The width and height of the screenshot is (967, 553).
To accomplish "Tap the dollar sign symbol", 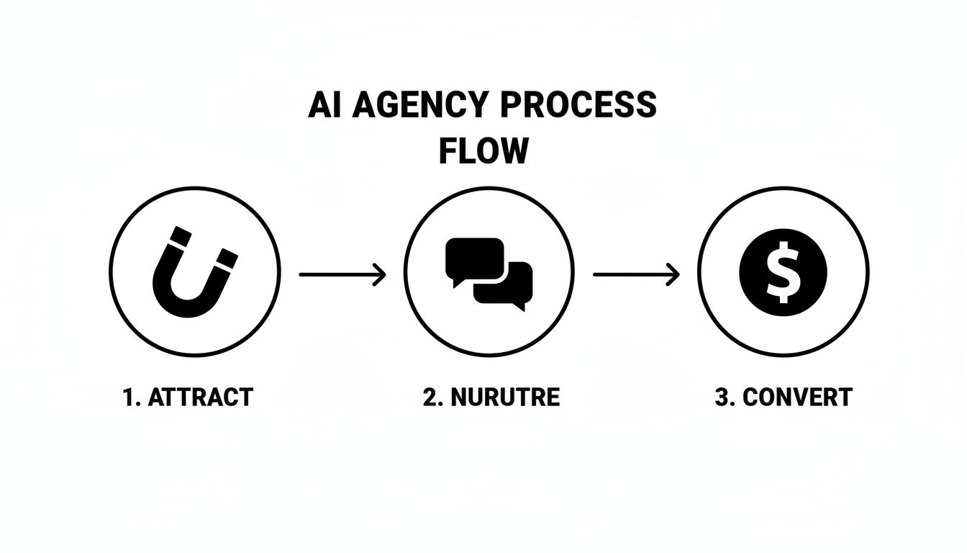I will [x=784, y=272].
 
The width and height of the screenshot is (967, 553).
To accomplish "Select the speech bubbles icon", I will [x=489, y=272].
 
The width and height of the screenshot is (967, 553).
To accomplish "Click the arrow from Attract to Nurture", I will [x=342, y=274].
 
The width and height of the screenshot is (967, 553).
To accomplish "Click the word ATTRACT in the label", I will [x=200, y=397].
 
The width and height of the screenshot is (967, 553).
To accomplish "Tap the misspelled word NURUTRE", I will [x=504, y=397].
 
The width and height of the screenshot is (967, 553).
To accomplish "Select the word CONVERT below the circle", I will [x=797, y=397].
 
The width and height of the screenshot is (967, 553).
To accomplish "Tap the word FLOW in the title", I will [x=484, y=151].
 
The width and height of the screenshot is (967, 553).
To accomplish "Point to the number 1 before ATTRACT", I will [x=130, y=397].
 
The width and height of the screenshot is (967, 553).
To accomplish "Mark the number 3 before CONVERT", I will [x=722, y=397].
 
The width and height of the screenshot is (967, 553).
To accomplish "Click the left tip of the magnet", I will [x=177, y=236].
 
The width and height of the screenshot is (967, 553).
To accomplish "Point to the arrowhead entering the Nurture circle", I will [x=380, y=274].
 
